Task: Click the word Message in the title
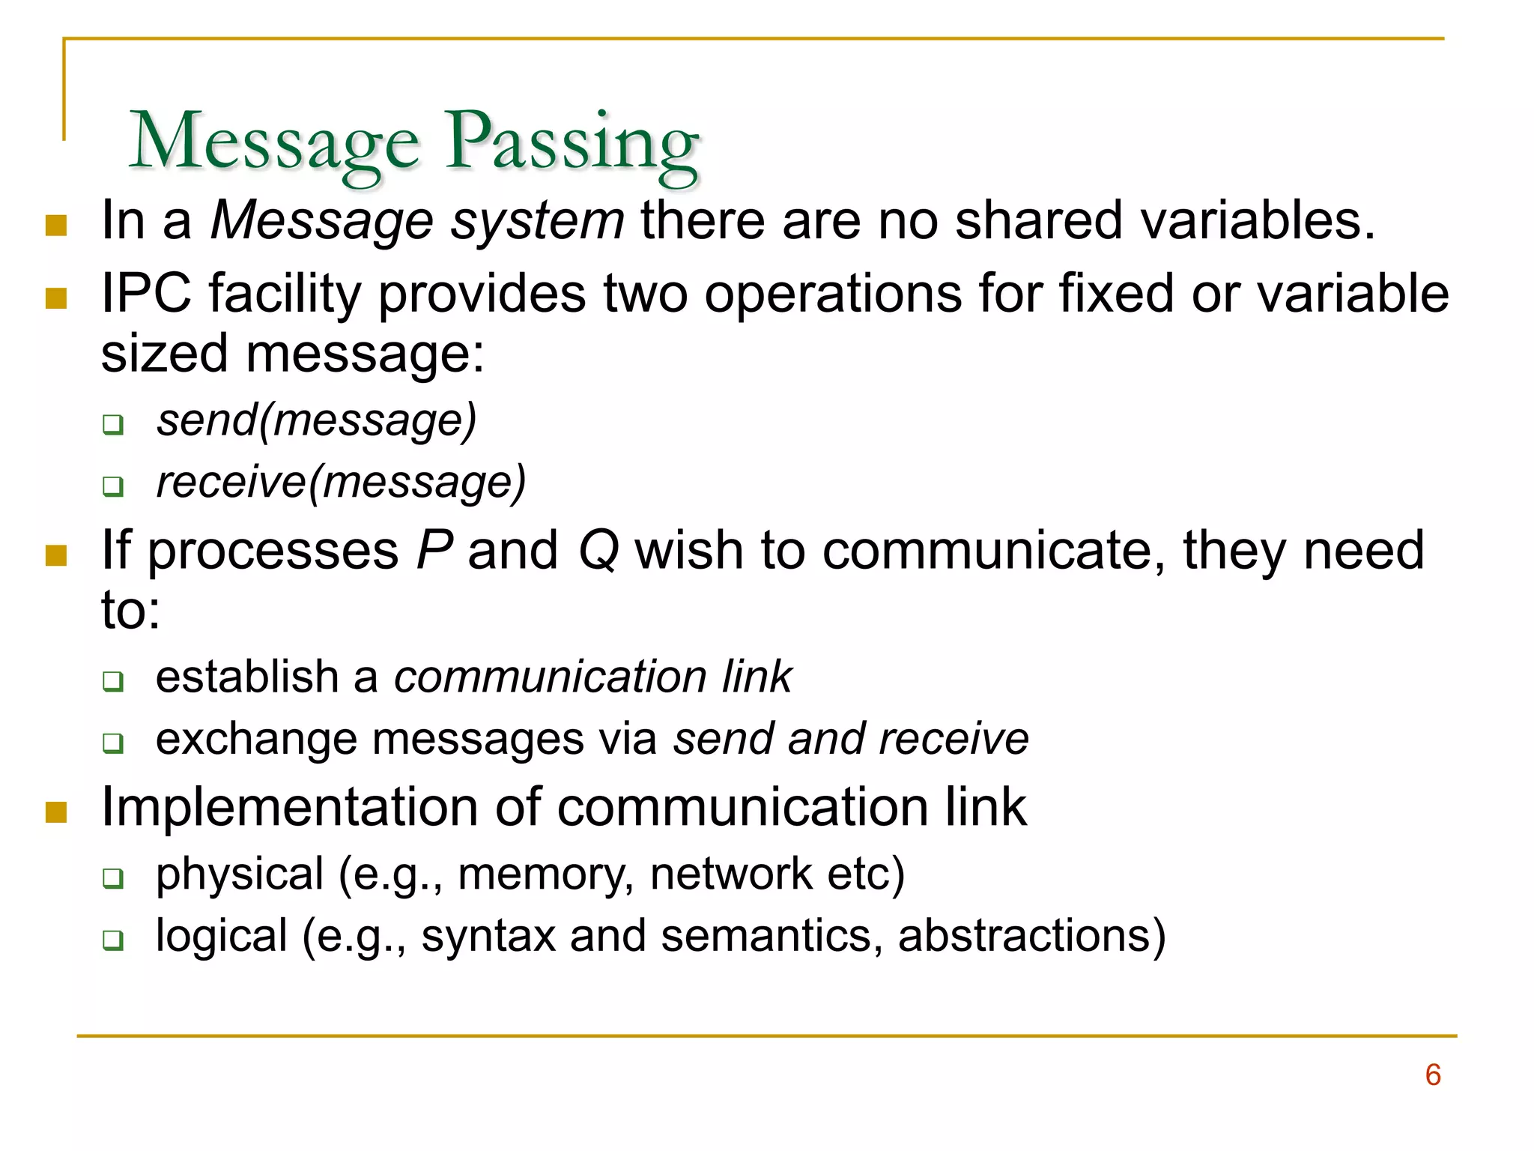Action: (274, 142)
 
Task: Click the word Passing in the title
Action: (572, 142)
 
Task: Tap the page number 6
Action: (1433, 1075)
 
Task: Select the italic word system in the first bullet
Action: (537, 221)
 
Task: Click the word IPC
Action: (146, 293)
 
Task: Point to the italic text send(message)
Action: (316, 420)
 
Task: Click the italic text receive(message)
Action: (341, 482)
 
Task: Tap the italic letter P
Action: (434, 551)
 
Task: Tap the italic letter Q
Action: (598, 551)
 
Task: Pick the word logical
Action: (222, 936)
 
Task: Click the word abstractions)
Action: (1031, 936)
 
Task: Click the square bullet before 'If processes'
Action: (56, 555)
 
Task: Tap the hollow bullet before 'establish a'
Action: (113, 681)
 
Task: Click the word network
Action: (730, 874)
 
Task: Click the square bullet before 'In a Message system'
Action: (56, 226)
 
